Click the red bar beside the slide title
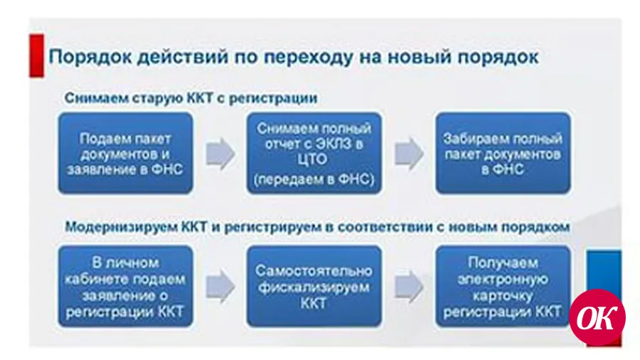click(x=36, y=55)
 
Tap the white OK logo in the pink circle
click(x=597, y=317)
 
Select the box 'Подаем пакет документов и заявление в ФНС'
click(x=125, y=153)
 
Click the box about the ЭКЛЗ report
click(x=314, y=153)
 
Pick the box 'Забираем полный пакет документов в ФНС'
click(x=503, y=153)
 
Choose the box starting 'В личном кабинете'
click(x=125, y=286)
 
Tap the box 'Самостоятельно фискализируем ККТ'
click(x=314, y=286)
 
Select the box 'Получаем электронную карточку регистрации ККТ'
click(x=503, y=286)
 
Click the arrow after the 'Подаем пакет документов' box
click(x=220, y=154)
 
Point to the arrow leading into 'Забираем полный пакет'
click(x=409, y=154)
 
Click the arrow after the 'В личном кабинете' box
click(x=220, y=286)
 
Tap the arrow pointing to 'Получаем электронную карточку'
click(x=409, y=286)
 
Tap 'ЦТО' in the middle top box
click(x=313, y=159)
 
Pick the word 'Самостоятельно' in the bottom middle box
click(x=314, y=271)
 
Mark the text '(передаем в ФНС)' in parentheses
click(x=314, y=179)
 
